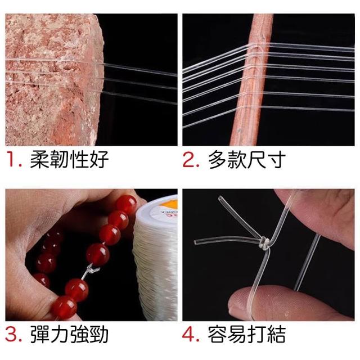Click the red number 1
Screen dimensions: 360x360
click(x=11, y=159)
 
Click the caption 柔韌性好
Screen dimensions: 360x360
click(x=69, y=159)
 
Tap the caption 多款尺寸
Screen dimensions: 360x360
click(x=247, y=159)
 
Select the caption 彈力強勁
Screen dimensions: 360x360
click(x=69, y=335)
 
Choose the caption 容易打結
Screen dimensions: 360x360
click(x=247, y=335)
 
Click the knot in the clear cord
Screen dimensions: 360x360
click(x=265, y=243)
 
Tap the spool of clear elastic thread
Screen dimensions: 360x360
click(x=156, y=257)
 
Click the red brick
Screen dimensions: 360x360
click(x=54, y=79)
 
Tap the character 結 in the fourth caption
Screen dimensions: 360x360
click(x=276, y=335)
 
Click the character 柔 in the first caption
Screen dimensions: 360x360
click(x=39, y=159)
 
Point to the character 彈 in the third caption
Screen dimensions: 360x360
click(x=39, y=335)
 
